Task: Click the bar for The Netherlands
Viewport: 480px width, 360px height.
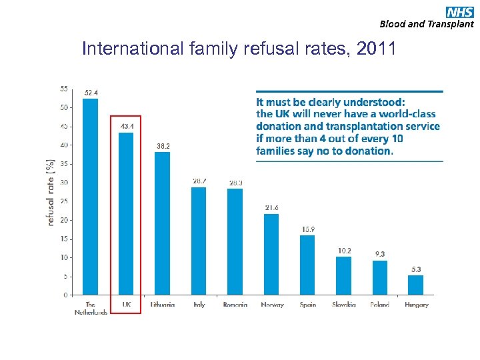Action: (x=90, y=197)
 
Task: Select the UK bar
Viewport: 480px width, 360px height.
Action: (x=126, y=213)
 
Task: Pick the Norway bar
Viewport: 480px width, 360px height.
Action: (x=271, y=254)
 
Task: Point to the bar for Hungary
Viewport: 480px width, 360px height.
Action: (x=416, y=285)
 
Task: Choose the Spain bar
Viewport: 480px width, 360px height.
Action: (x=307, y=265)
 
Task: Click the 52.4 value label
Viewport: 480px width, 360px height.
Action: (x=91, y=93)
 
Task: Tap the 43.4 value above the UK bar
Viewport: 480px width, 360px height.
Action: (x=127, y=126)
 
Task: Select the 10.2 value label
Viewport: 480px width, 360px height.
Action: (x=344, y=251)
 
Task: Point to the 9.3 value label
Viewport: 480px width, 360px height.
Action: (x=380, y=254)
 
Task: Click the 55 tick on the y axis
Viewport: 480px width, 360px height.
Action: (x=63, y=89)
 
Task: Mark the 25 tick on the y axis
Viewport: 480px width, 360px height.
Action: (x=63, y=201)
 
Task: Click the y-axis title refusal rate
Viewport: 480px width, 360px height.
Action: (x=51, y=192)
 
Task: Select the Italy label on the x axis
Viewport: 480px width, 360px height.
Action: (x=199, y=305)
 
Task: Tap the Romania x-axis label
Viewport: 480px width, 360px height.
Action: (x=235, y=305)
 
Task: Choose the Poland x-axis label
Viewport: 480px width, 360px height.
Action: (x=380, y=305)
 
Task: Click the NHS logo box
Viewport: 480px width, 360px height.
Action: (x=460, y=11)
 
